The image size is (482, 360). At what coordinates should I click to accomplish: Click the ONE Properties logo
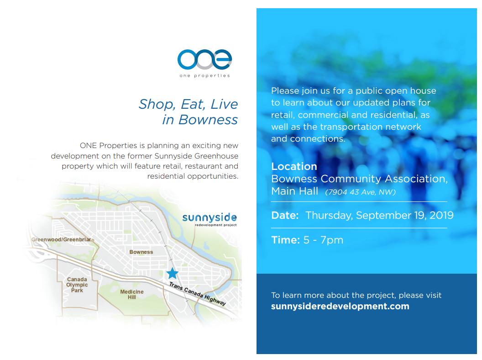(x=204, y=63)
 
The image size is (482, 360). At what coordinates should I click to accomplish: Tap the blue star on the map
(x=172, y=273)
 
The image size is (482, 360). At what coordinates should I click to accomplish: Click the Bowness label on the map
(x=141, y=252)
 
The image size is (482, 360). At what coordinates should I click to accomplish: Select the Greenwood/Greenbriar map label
(x=62, y=239)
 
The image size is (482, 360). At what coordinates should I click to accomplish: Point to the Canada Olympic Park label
(x=77, y=285)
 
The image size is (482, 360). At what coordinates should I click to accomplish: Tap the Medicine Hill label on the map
(x=131, y=294)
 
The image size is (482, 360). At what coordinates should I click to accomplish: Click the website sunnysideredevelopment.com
(x=340, y=306)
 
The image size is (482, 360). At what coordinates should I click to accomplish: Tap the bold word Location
(x=294, y=166)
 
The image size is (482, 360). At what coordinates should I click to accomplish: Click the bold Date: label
(x=285, y=215)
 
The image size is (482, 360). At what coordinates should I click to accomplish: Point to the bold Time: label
(x=285, y=240)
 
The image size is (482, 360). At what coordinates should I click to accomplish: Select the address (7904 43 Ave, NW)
(x=360, y=192)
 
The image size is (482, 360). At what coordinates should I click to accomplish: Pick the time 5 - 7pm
(x=323, y=240)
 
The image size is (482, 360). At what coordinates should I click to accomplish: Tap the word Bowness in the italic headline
(x=208, y=120)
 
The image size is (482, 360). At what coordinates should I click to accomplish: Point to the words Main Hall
(x=294, y=191)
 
